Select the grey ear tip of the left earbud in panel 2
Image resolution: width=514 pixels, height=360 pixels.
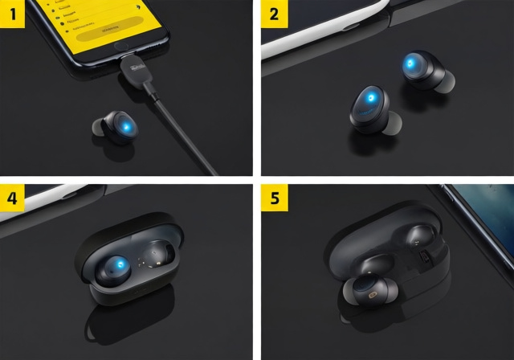(x=391, y=122)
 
